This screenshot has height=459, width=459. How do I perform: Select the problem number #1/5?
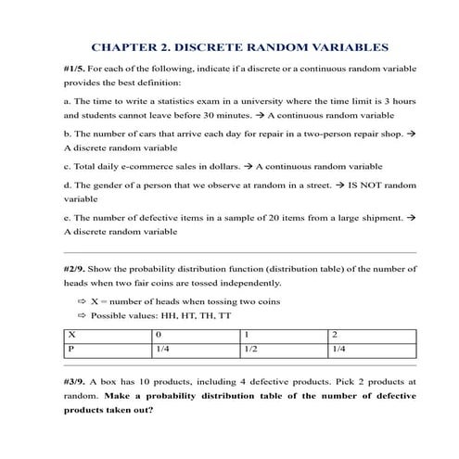pos(77,69)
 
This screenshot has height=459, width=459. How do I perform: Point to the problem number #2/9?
pos(77,268)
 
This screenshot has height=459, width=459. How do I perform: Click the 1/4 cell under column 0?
pos(163,350)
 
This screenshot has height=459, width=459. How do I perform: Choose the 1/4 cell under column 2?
pos(339,350)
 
